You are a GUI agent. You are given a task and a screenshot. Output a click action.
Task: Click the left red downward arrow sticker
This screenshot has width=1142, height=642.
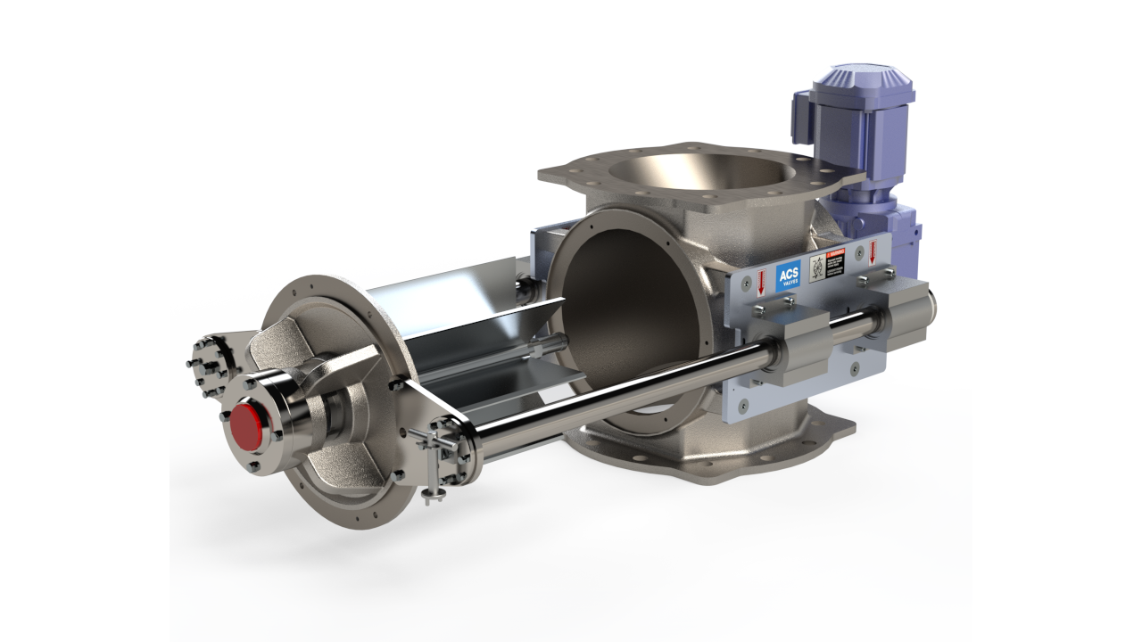(x=760, y=283)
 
